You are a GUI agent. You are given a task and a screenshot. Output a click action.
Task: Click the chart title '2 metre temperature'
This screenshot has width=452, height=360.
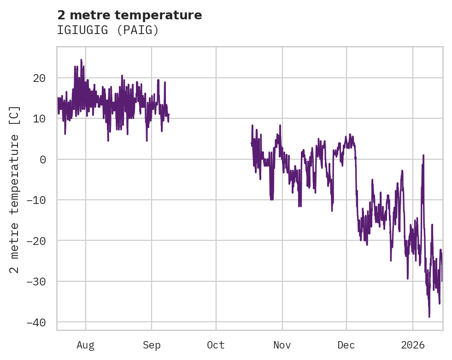(129, 15)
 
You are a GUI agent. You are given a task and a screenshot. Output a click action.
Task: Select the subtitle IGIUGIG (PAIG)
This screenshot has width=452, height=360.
(108, 30)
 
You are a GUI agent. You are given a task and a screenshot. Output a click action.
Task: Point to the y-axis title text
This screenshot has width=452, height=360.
(15, 189)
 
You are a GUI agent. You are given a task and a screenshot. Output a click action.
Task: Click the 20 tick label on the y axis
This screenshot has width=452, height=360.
(39, 78)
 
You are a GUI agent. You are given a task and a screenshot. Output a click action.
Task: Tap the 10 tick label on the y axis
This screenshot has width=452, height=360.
(39, 119)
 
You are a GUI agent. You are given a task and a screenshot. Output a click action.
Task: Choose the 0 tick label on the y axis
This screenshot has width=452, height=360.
(42, 159)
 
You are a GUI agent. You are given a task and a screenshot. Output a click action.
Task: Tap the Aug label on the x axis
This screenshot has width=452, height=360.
(85, 345)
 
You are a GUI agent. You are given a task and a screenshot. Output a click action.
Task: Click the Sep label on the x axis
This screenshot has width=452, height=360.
(151, 345)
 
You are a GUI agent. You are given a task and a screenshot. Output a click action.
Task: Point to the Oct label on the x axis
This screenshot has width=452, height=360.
(216, 345)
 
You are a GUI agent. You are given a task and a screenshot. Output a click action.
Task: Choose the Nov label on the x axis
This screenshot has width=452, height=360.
(282, 345)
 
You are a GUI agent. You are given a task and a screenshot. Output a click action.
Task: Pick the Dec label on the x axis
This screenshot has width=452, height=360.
(346, 345)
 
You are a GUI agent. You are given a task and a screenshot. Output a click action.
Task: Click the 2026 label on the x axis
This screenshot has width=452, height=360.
(412, 345)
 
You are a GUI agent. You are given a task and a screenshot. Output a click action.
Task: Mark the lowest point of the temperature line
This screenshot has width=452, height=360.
(429, 317)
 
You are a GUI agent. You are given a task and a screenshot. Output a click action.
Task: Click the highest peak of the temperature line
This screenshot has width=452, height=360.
(81, 59)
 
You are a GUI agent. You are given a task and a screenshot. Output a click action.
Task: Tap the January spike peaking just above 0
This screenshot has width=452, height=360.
(423, 156)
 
